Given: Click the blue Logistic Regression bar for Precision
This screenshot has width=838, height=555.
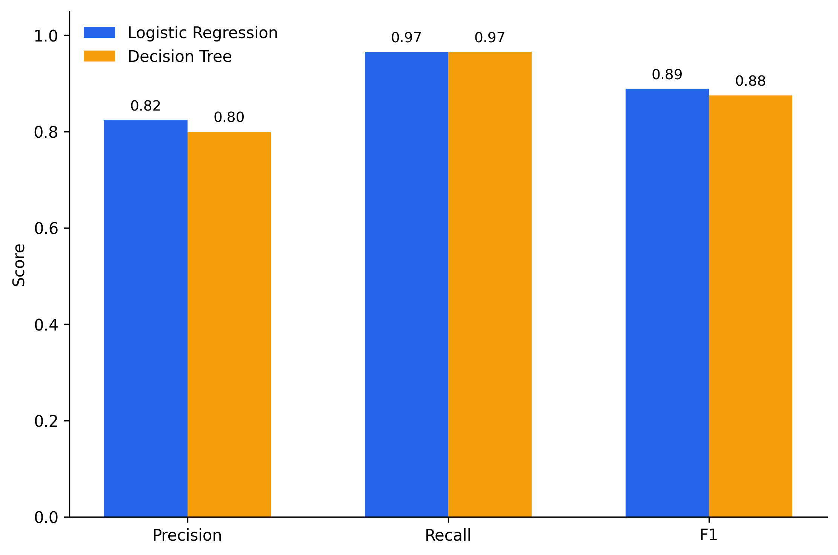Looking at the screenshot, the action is pyautogui.click(x=146, y=318).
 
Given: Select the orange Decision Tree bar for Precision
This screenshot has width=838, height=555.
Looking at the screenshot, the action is pyautogui.click(x=229, y=324).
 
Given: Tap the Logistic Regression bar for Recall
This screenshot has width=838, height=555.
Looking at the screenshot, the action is pyautogui.click(x=406, y=284).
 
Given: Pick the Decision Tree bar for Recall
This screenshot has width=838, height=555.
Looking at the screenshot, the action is pyautogui.click(x=490, y=284).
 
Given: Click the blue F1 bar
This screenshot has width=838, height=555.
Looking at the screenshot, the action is pyautogui.click(x=667, y=303).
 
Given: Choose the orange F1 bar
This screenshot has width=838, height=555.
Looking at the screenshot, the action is pyautogui.click(x=750, y=306).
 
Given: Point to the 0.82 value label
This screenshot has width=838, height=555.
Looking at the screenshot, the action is pyautogui.click(x=146, y=106).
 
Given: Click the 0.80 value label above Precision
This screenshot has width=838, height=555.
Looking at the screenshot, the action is pyautogui.click(x=229, y=117).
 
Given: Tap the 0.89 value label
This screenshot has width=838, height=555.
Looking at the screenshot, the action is pyautogui.click(x=667, y=75).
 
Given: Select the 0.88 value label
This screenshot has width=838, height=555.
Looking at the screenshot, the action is pyautogui.click(x=750, y=81).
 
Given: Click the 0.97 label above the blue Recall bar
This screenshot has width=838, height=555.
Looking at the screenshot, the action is pyautogui.click(x=406, y=38).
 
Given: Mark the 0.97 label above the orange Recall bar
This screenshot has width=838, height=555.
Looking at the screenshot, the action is pyautogui.click(x=490, y=38).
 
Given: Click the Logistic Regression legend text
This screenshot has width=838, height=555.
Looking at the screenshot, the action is pyautogui.click(x=203, y=33).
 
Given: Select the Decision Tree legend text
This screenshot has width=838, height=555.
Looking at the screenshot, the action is pyautogui.click(x=180, y=57).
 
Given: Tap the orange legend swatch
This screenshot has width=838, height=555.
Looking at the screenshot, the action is pyautogui.click(x=99, y=56).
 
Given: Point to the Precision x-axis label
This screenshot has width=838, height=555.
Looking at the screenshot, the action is pyautogui.click(x=187, y=535).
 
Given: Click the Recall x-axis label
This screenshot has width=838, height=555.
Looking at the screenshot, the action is pyautogui.click(x=448, y=535).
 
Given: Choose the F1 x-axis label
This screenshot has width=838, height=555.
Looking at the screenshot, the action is pyautogui.click(x=709, y=535).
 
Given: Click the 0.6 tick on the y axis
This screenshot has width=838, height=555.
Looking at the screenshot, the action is pyautogui.click(x=46, y=228).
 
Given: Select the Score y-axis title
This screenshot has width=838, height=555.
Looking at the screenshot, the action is pyautogui.click(x=19, y=265).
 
